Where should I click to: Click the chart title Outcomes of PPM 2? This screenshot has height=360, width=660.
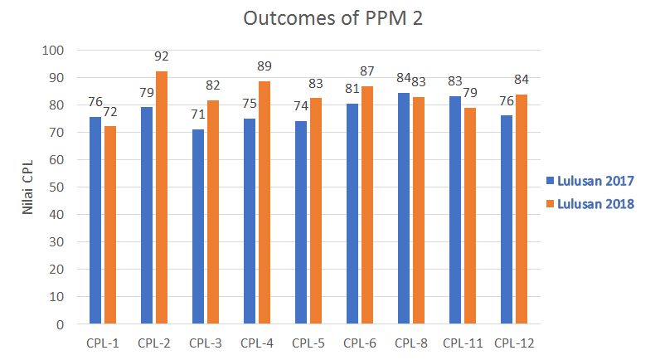(330, 18)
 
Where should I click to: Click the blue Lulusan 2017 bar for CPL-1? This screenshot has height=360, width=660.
(96, 220)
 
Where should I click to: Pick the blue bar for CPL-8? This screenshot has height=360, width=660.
(404, 208)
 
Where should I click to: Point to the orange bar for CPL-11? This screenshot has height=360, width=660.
(469, 216)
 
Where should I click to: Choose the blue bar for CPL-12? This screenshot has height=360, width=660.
(507, 220)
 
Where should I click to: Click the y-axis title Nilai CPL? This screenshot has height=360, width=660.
(27, 187)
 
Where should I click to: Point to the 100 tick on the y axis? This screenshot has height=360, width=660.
(53, 51)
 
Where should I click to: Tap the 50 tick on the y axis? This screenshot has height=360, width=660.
(56, 187)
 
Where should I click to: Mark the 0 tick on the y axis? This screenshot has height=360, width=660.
(60, 324)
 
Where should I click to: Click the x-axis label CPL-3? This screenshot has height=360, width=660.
(206, 342)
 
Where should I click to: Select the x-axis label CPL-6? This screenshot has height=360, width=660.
(360, 342)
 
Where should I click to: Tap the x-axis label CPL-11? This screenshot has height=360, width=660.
(463, 342)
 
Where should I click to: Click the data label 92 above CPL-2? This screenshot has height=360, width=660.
(162, 57)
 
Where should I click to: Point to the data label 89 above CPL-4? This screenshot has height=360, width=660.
(264, 66)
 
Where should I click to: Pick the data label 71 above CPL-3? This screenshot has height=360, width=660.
(198, 115)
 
